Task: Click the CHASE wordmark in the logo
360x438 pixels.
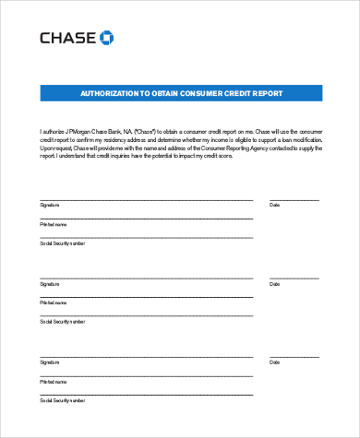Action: (x=66, y=38)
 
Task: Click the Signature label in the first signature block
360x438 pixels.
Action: (x=49, y=204)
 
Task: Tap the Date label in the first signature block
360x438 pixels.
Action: (x=274, y=204)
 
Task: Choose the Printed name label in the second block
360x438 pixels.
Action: (x=53, y=302)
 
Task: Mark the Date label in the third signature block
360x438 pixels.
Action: (x=274, y=361)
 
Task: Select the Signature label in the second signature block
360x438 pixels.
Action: (x=49, y=282)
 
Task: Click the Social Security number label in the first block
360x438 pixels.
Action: (x=62, y=243)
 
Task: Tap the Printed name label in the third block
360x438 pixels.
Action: (x=53, y=380)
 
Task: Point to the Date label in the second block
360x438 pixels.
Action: (x=274, y=282)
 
